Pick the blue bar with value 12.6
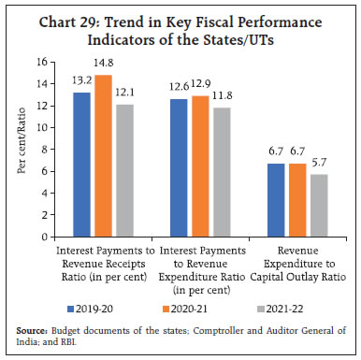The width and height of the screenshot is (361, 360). [177, 168]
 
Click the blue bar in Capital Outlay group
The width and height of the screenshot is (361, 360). [272, 201]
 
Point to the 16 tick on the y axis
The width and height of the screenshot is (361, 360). [54, 62]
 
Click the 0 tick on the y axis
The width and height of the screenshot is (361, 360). [57, 238]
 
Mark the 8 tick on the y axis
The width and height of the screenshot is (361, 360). [57, 151]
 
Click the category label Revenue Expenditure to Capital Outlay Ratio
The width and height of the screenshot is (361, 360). [293, 265]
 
